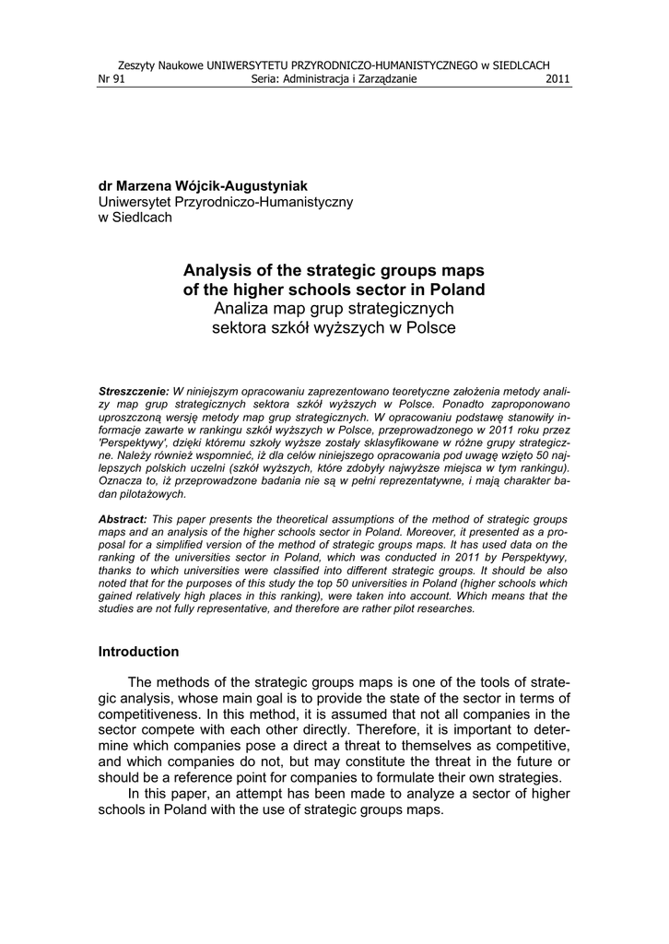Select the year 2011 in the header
coord(557,79)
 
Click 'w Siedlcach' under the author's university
coord(135,217)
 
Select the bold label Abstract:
coord(123,520)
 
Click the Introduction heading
coord(138,652)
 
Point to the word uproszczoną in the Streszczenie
coord(135,417)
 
